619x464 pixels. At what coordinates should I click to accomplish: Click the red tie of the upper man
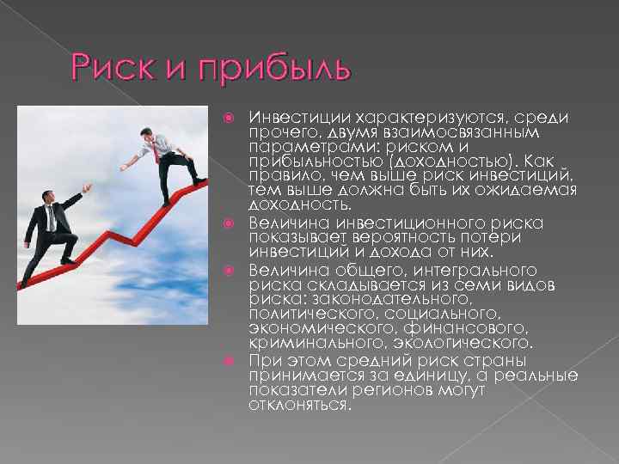tap(156, 155)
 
